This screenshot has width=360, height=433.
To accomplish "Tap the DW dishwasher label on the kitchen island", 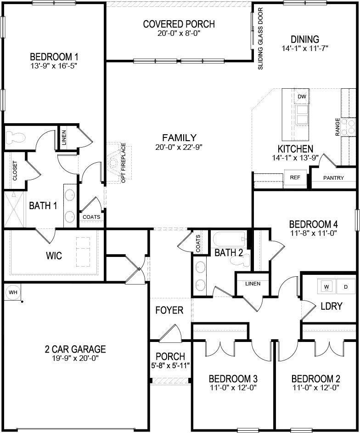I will click(x=302, y=97).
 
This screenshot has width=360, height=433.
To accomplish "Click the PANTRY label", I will click(x=334, y=178).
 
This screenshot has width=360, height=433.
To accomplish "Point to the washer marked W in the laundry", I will click(x=326, y=287).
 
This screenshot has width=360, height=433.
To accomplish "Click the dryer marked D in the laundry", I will click(x=346, y=287).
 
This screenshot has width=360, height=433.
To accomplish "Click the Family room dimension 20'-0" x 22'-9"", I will click(x=179, y=147).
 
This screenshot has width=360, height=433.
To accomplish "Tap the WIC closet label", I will click(x=54, y=255).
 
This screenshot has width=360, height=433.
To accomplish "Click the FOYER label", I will click(x=169, y=310).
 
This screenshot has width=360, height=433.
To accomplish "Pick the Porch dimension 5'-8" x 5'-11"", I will click(x=170, y=365).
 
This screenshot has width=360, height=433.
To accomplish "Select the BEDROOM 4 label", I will click(x=314, y=224).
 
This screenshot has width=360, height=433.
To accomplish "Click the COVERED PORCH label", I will click(x=179, y=24).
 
